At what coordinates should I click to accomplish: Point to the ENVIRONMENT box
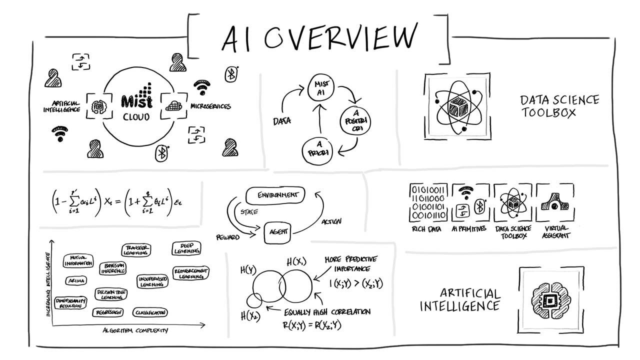point(275,195)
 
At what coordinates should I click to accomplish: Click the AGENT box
point(277,232)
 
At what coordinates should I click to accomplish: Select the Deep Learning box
point(186,248)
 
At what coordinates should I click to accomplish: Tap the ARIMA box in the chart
point(76,280)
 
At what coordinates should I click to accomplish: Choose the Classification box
point(150,312)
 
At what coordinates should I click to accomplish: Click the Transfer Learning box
point(136,249)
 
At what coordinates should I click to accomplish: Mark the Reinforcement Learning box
point(190,273)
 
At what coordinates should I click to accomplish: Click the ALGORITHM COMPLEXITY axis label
point(135,330)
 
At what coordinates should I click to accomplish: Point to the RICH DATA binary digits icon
point(428,202)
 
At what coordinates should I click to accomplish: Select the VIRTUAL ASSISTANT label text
point(556,232)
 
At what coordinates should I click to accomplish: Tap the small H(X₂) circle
point(254,300)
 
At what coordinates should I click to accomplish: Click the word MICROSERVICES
point(210,106)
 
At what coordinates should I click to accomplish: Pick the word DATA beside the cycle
point(282,121)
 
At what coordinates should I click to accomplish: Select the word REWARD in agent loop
point(227,237)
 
